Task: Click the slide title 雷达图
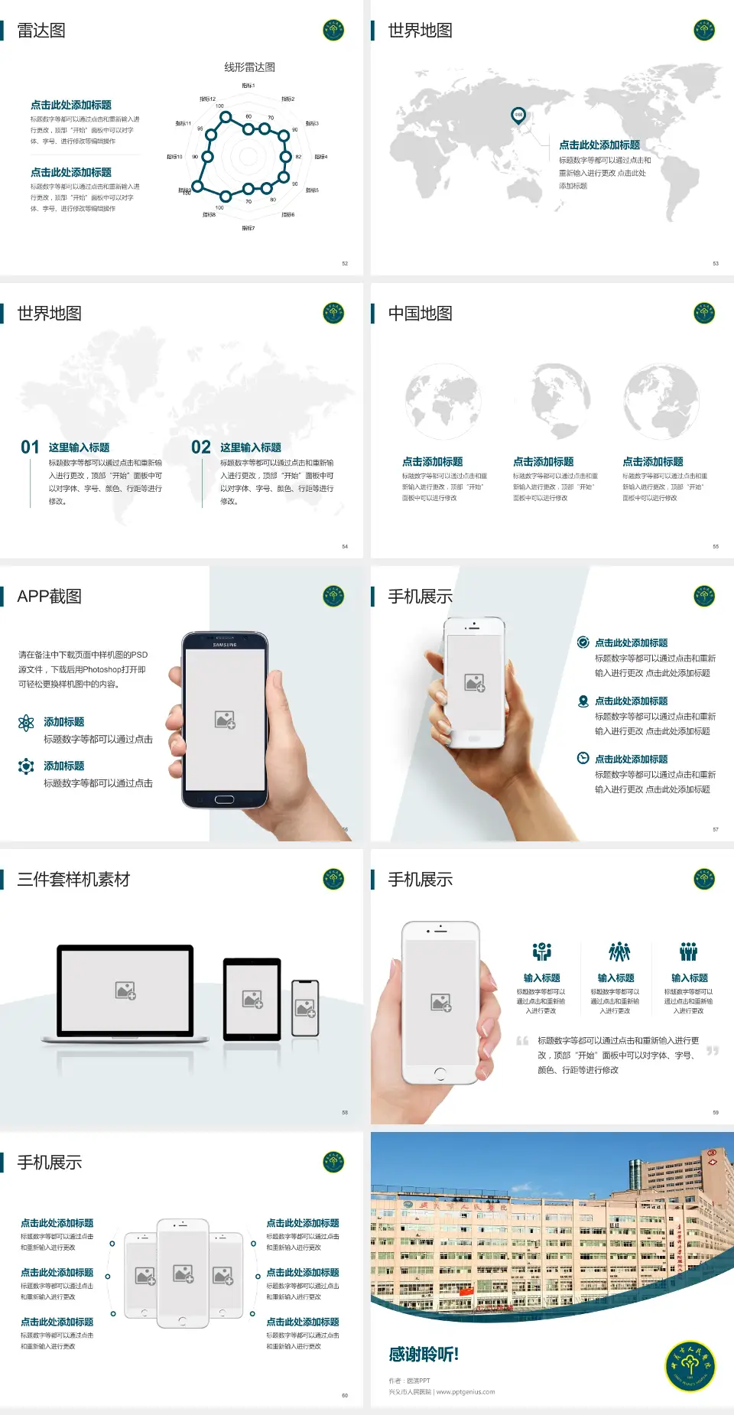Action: [41, 31]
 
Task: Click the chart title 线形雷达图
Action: [249, 67]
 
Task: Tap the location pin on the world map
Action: [518, 115]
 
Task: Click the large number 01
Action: [30, 447]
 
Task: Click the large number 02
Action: [201, 447]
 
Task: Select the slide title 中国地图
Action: [420, 314]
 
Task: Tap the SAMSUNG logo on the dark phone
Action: [225, 645]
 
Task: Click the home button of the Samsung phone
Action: [224, 799]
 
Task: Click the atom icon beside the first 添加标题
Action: [26, 723]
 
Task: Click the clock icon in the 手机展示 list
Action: [583, 758]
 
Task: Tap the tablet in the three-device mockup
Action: [252, 998]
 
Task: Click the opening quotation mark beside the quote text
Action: [522, 1041]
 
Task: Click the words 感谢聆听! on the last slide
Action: [424, 1355]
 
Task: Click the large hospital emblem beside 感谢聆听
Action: [690, 1366]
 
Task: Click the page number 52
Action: [345, 263]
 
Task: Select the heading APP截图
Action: [49, 597]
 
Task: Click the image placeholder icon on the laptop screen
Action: [125, 990]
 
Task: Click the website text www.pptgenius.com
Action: [466, 1392]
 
